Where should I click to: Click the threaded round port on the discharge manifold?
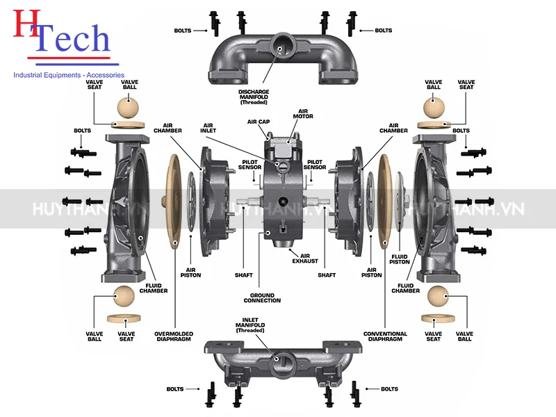tap(283, 44)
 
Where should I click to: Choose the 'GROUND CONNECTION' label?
tap(262, 297)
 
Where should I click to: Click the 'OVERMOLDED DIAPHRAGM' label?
tap(174, 336)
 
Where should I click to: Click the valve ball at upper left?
tap(129, 108)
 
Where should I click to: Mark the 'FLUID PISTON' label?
tap(400, 259)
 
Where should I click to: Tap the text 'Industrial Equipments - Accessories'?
tap(69, 74)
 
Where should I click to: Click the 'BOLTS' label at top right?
tap(384, 31)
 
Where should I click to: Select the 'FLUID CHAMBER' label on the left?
tap(154, 287)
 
